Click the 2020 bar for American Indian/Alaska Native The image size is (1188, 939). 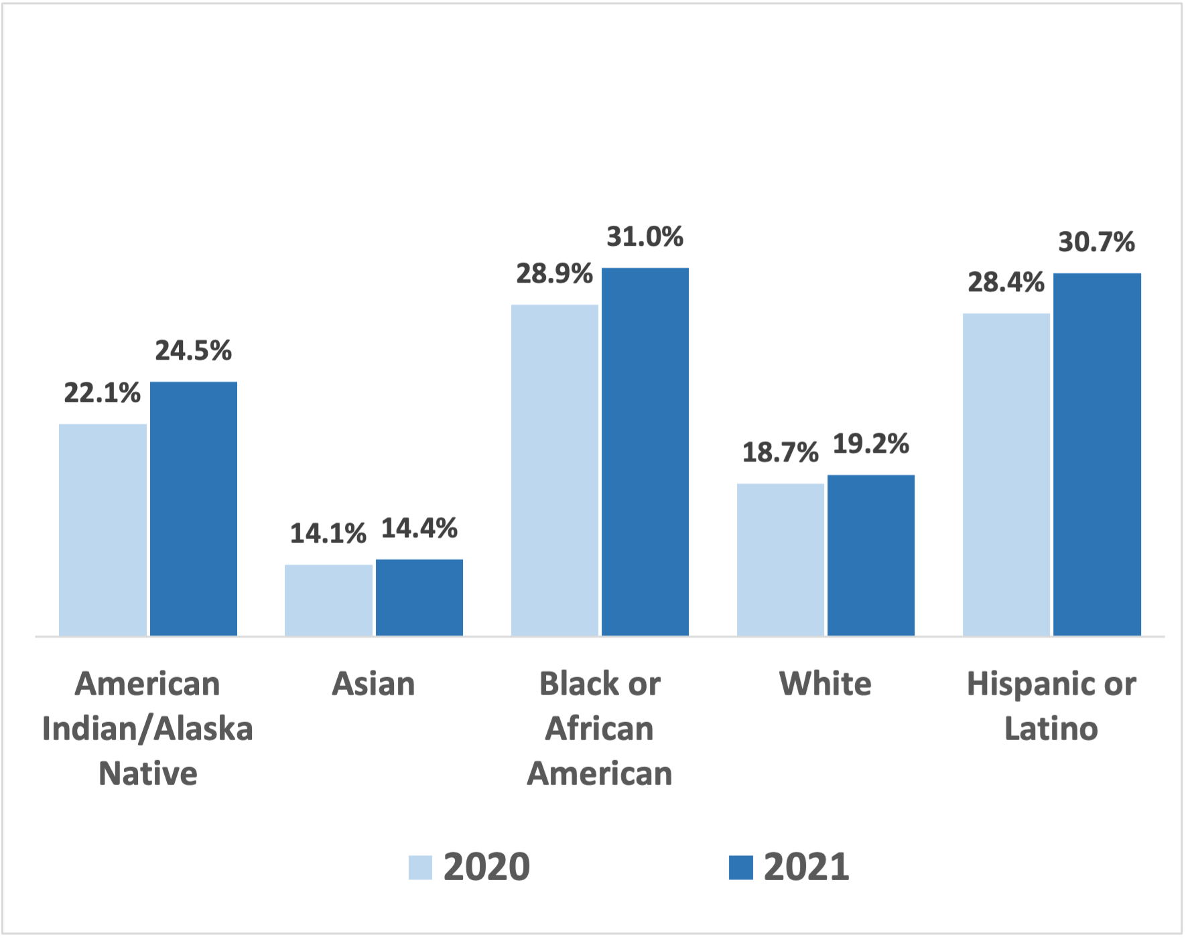click(103, 529)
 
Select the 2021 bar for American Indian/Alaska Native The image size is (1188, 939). click(193, 509)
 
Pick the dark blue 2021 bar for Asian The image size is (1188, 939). click(419, 597)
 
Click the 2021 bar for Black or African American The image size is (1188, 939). click(645, 452)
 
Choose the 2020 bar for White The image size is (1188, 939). click(780, 559)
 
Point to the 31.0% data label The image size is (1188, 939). click(645, 237)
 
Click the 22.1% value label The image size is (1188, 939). click(103, 393)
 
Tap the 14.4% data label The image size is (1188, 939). click(419, 528)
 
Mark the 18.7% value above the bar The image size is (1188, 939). click(780, 453)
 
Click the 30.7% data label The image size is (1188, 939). click(1096, 242)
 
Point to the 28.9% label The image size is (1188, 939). click(554, 274)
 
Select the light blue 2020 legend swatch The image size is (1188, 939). click(420, 867)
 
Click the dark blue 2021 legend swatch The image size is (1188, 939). click(740, 867)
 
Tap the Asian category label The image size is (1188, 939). click(373, 684)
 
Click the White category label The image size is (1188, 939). click(825, 684)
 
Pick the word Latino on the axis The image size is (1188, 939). click(1051, 729)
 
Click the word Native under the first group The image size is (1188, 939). click(147, 774)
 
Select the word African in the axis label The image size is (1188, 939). click(599, 729)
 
